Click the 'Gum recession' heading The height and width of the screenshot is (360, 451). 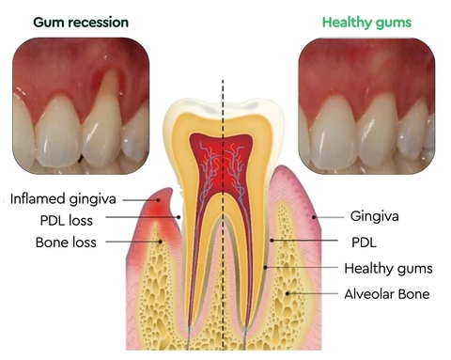click(68, 22)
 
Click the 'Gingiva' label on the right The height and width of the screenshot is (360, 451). click(374, 216)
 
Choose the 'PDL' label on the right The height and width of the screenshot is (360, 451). click(362, 242)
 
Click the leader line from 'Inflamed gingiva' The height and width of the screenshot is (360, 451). click(141, 199)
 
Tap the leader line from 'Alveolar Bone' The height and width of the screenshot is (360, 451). click(319, 294)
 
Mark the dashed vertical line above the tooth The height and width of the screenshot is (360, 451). click(223, 89)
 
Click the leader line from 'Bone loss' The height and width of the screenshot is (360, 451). click(132, 242)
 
